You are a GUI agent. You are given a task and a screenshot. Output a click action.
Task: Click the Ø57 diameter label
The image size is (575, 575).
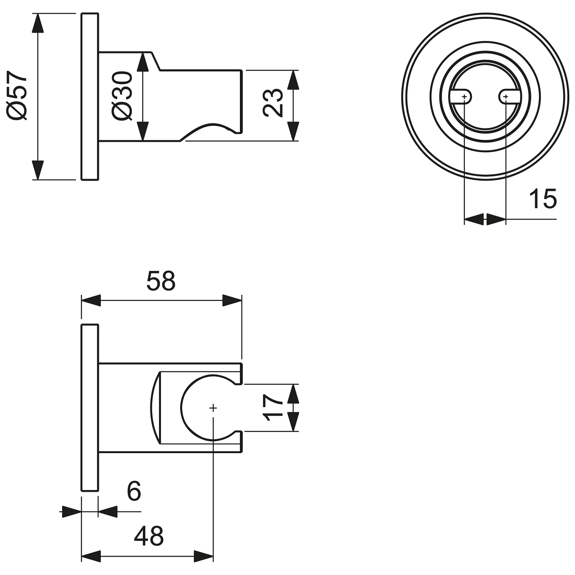click(x=18, y=95)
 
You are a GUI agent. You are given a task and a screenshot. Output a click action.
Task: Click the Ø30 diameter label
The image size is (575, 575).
click(x=122, y=95)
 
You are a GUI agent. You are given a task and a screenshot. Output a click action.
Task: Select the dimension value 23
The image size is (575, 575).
click(x=273, y=102)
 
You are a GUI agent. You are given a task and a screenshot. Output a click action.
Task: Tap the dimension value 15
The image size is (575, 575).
click(x=542, y=199)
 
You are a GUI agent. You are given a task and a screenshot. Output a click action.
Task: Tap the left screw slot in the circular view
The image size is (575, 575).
click(x=460, y=97)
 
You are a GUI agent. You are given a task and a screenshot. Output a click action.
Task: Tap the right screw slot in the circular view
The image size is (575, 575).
click(x=509, y=97)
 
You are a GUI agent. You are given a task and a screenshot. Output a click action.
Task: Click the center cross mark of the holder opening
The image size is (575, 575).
click(x=213, y=408)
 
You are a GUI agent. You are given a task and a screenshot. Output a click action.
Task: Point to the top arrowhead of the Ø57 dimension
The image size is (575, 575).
click(x=37, y=23)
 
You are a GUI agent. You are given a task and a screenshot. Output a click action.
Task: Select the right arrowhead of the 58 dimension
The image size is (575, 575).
click(x=232, y=301)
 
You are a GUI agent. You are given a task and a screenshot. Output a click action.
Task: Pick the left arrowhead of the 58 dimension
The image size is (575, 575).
click(x=91, y=301)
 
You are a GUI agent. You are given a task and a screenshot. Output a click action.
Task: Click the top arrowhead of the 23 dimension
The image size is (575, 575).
click(x=293, y=80)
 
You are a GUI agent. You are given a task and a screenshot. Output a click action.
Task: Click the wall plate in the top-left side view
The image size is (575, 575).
click(x=90, y=97)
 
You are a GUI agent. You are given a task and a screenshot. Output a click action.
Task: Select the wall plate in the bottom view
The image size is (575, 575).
click(x=90, y=407)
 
